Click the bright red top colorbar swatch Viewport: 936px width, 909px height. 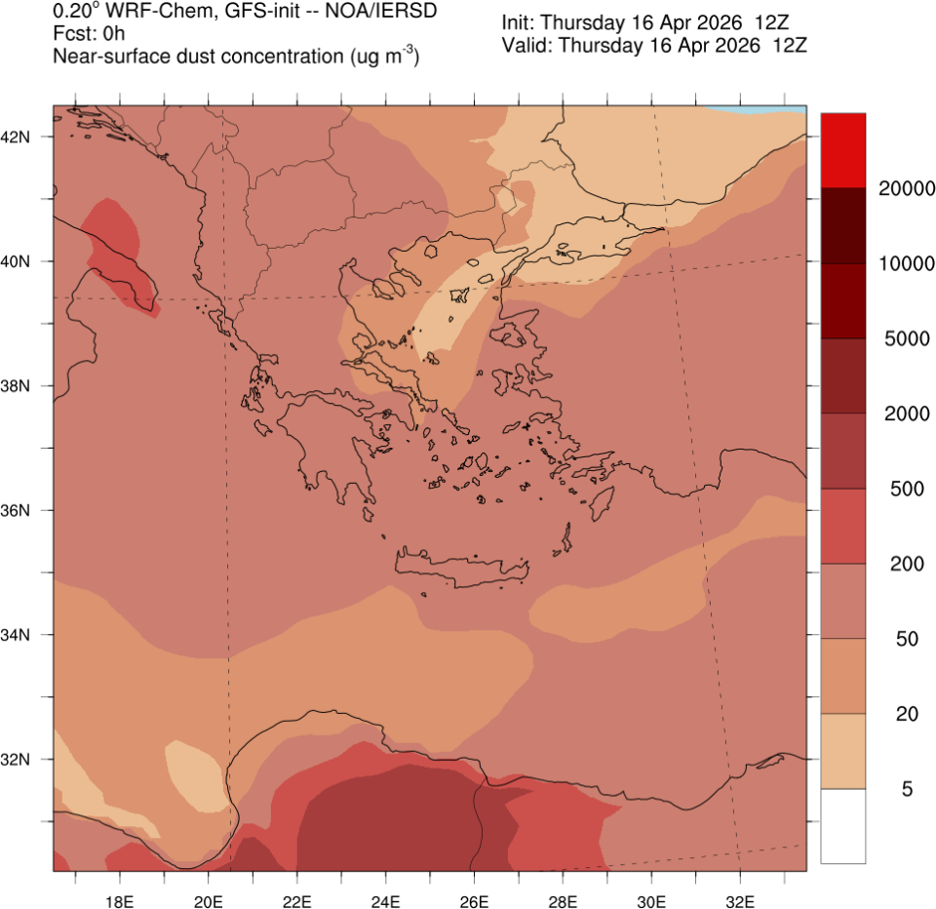pos(842,150)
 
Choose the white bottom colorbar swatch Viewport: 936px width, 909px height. pos(842,825)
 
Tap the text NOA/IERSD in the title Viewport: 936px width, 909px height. pos(381,12)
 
